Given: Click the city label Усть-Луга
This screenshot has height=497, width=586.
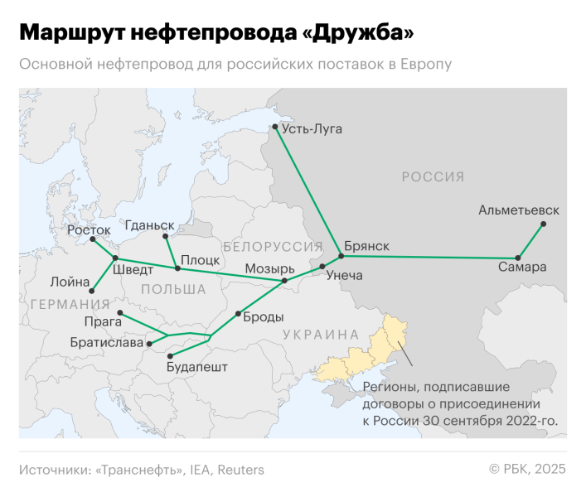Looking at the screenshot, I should pos(312,128).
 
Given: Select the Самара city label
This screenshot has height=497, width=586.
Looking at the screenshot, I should pos(522,268).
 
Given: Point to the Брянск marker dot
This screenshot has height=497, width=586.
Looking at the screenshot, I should pos(340,255).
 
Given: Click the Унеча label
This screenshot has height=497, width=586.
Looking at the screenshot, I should pos(345,275).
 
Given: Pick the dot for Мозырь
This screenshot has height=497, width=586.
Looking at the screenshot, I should pos(284,281).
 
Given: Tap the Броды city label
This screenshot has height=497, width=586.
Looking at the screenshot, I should pos(264,316).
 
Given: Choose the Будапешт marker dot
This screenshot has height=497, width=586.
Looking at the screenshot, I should pos(170,355).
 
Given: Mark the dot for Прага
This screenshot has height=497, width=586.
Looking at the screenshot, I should pos(120,312).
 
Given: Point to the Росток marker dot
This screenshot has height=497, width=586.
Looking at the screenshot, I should pos(93,240).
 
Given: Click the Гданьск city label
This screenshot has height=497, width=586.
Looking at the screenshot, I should pos(149,224).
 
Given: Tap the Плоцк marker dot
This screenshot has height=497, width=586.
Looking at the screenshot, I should pos(177,268).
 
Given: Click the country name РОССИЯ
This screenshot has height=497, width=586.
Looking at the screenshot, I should pos(433,176).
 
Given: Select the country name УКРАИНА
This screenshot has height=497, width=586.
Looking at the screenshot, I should pos(320,335).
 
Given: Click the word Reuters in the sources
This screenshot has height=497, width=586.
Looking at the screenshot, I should pos(240,470).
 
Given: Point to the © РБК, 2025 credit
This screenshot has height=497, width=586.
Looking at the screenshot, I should pos(527,470).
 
